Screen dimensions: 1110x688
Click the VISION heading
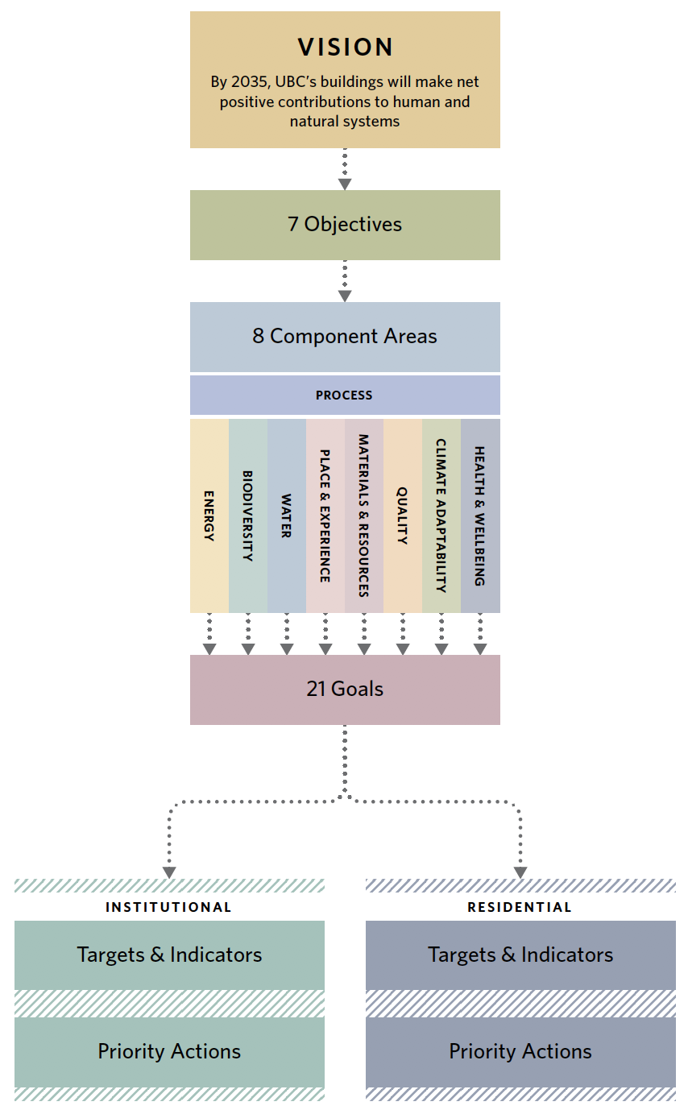(345, 48)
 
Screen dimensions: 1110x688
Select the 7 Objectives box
(345, 225)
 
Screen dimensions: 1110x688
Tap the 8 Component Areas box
(345, 336)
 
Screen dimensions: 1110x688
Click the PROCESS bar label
(345, 396)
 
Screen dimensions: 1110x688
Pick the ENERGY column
(209, 516)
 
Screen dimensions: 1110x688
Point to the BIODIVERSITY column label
(247, 516)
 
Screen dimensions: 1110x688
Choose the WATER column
(286, 516)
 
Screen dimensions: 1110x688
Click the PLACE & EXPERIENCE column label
(325, 516)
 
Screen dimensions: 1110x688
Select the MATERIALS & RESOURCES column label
(363, 516)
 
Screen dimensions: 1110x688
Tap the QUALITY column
(402, 516)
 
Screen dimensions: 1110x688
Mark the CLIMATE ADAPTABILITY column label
(441, 516)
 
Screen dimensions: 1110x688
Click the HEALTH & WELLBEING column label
(479, 516)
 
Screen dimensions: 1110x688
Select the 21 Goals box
(345, 690)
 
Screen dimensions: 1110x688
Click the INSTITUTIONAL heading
(168, 907)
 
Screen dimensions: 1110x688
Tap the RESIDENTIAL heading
(520, 907)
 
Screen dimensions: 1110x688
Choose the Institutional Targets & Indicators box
(169, 955)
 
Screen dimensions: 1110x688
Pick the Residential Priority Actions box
(520, 1052)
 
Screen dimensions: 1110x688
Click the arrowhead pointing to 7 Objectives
(345, 184)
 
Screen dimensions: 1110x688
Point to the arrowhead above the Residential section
(520, 872)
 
